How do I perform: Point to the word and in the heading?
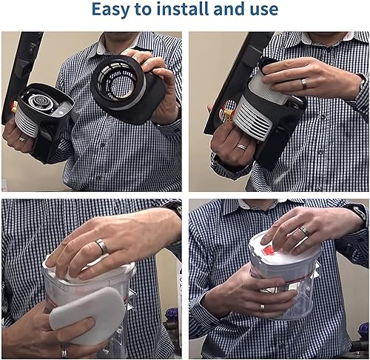click(x=228, y=9)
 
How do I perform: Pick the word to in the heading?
click(x=144, y=10)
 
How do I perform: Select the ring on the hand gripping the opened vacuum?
click(x=23, y=139)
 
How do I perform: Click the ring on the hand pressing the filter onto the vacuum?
click(x=304, y=84)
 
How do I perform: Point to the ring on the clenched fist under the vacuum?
click(x=242, y=147)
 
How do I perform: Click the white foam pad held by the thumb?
click(x=87, y=316)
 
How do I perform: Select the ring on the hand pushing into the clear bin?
click(x=102, y=246)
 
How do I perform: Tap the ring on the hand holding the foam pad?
click(x=64, y=351)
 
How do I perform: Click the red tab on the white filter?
click(x=268, y=251)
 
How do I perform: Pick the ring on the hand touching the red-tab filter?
click(x=304, y=230)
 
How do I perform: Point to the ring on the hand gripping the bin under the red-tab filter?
click(x=263, y=308)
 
